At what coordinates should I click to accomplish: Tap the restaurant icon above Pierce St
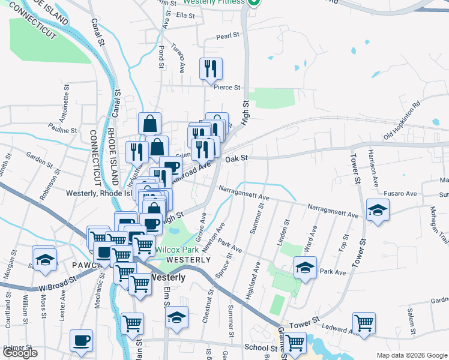click(x=211, y=68)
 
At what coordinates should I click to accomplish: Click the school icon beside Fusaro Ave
click(x=378, y=209)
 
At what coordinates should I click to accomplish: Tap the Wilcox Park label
click(x=176, y=249)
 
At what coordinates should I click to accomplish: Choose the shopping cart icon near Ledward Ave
click(x=364, y=323)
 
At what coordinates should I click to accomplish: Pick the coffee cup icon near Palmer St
click(x=82, y=340)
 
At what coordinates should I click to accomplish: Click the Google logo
click(x=20, y=353)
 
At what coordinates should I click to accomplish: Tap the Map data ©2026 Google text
click(x=411, y=355)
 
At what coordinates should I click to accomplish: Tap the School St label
click(x=260, y=348)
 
